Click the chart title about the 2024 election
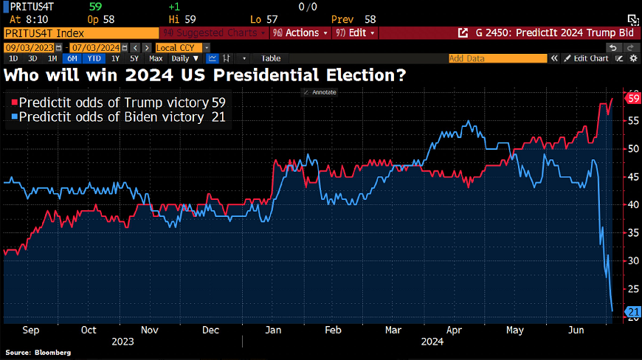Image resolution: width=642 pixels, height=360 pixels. coord(205,75)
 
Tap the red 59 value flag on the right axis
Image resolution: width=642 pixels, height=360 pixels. coord(633,98)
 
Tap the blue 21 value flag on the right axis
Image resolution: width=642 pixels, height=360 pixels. coord(633,312)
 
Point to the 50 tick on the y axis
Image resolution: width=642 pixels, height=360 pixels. coord(632,148)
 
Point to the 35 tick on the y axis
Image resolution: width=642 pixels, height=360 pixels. coord(632,232)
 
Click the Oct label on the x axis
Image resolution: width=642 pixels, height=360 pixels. coord(89,331)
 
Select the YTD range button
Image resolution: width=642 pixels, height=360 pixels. coord(93,58)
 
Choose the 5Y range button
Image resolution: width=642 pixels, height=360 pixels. coord(134,58)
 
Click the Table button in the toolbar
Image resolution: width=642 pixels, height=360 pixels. coord(271,58)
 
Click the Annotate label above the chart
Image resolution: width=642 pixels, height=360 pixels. coord(322,92)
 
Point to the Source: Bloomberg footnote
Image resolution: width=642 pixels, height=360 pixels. coord(38,353)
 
